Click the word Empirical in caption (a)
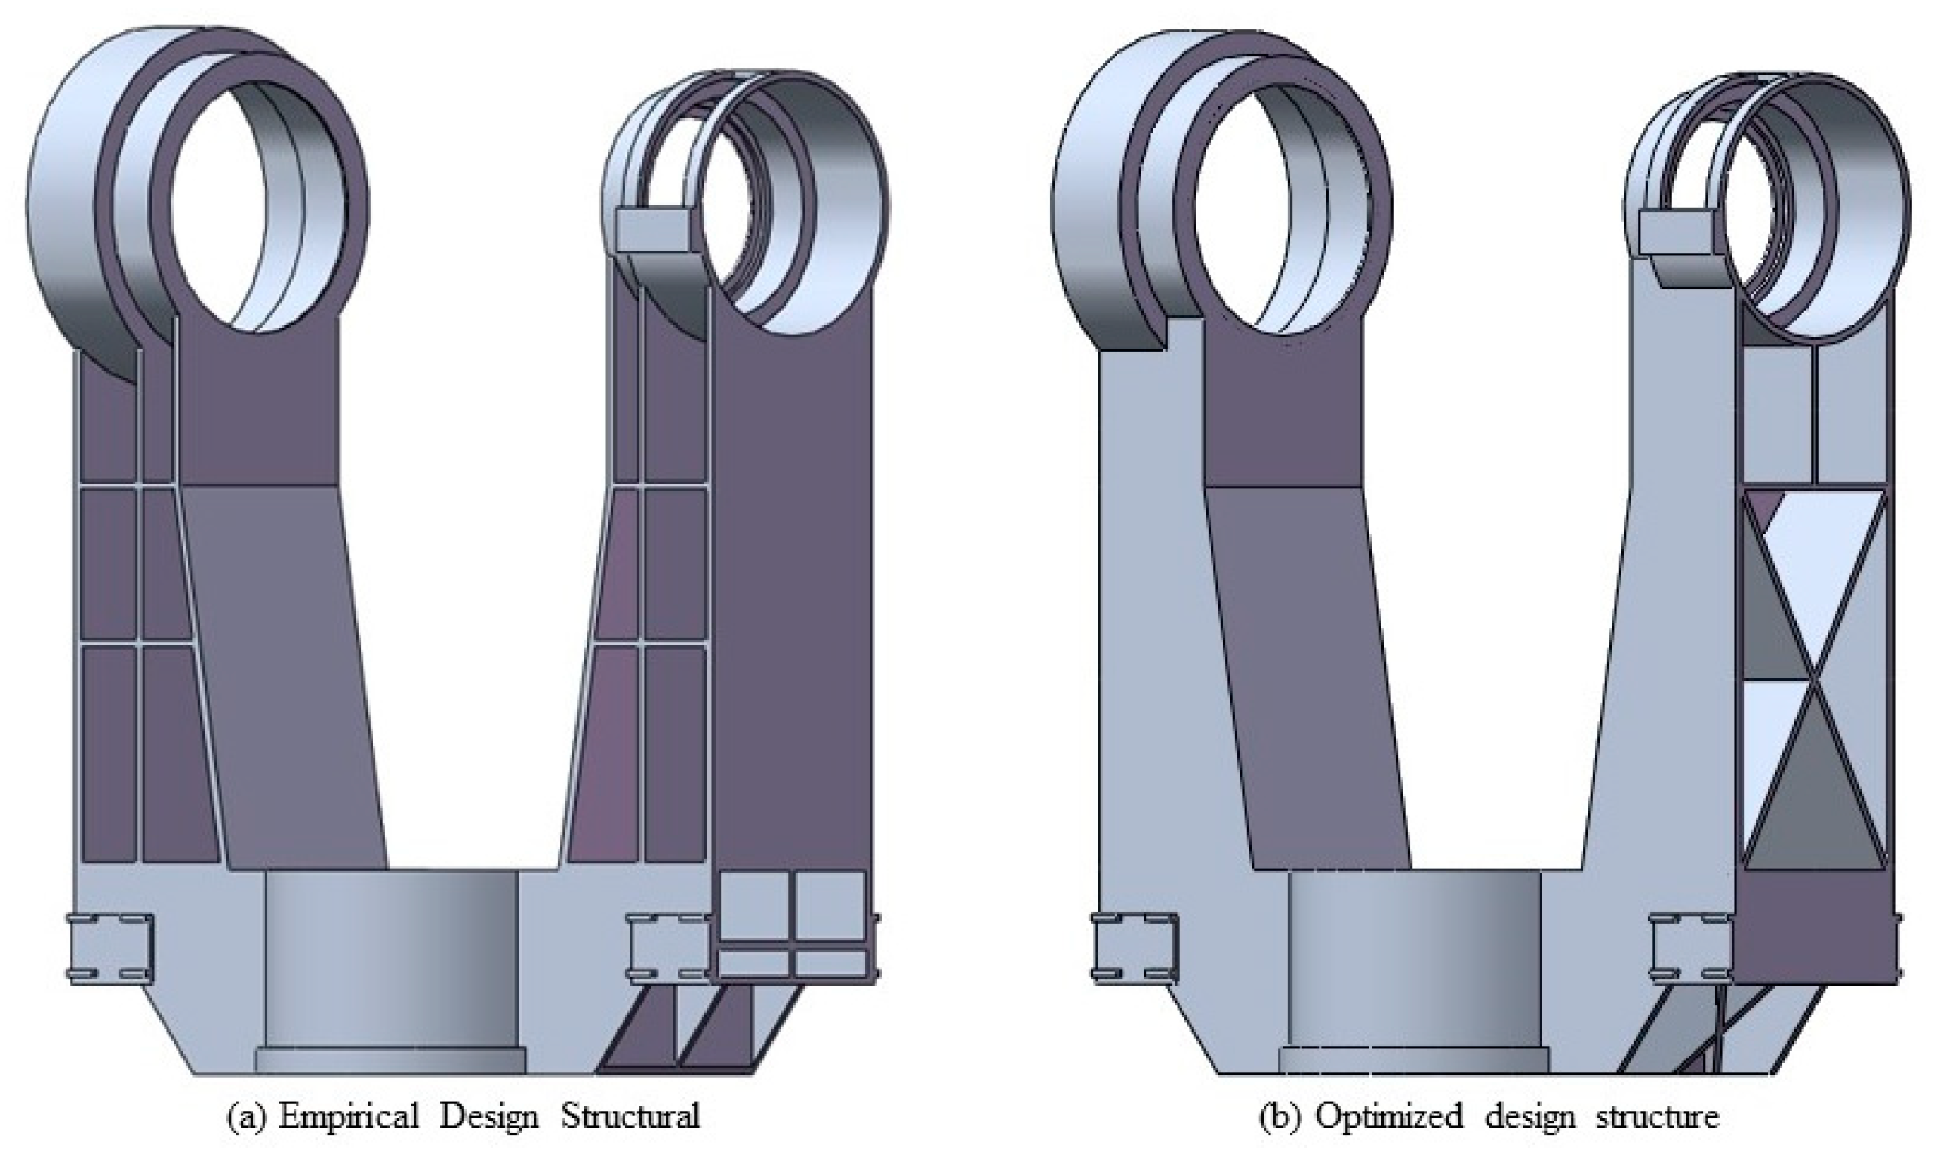[x=350, y=1116]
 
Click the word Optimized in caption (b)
[x=1387, y=1116]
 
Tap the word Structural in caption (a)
[x=630, y=1116]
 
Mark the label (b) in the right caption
[x=1275, y=1116]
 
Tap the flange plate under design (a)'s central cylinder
[x=390, y=1060]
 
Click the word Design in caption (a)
[x=488, y=1116]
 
